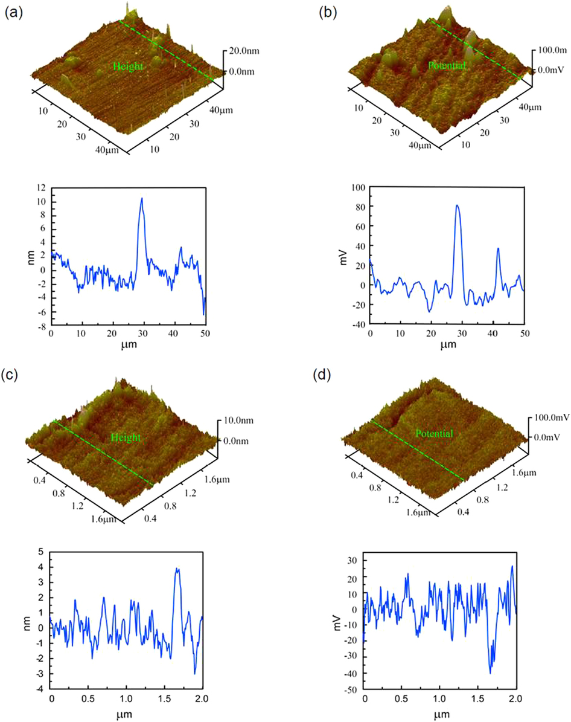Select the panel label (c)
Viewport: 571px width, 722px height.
13,373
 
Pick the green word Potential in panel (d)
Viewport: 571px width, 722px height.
435,433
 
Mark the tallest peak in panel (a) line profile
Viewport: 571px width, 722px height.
142,198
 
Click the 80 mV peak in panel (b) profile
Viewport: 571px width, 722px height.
458,205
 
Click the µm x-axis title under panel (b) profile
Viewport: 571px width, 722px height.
447,346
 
